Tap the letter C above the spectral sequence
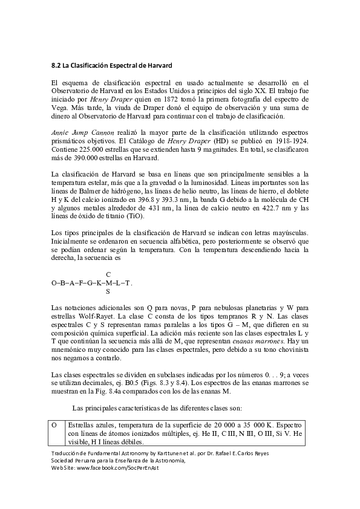pos(108,274)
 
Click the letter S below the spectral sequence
pos(108,291)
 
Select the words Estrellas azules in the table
pos(91,426)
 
